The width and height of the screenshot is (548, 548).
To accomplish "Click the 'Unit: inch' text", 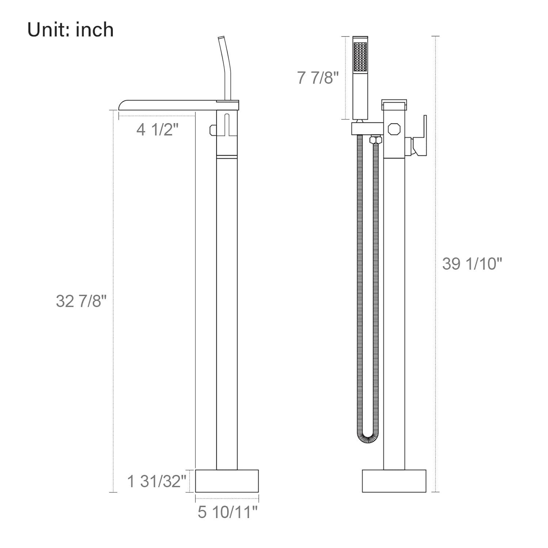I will tap(71, 30).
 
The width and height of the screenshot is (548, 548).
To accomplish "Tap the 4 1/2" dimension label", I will tap(157, 129).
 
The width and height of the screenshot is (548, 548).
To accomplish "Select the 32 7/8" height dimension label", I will tap(81, 301).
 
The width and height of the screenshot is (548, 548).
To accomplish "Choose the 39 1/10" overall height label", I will tap(472, 263).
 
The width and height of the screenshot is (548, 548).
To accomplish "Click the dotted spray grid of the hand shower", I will tap(360, 57).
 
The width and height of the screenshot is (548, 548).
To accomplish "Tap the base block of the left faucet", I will tap(227, 481).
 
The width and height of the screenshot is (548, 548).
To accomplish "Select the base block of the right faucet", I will tap(394, 481).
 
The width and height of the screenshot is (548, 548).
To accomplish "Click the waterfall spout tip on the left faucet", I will tap(123, 104).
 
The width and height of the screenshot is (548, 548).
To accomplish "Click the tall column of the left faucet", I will tap(227, 311).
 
